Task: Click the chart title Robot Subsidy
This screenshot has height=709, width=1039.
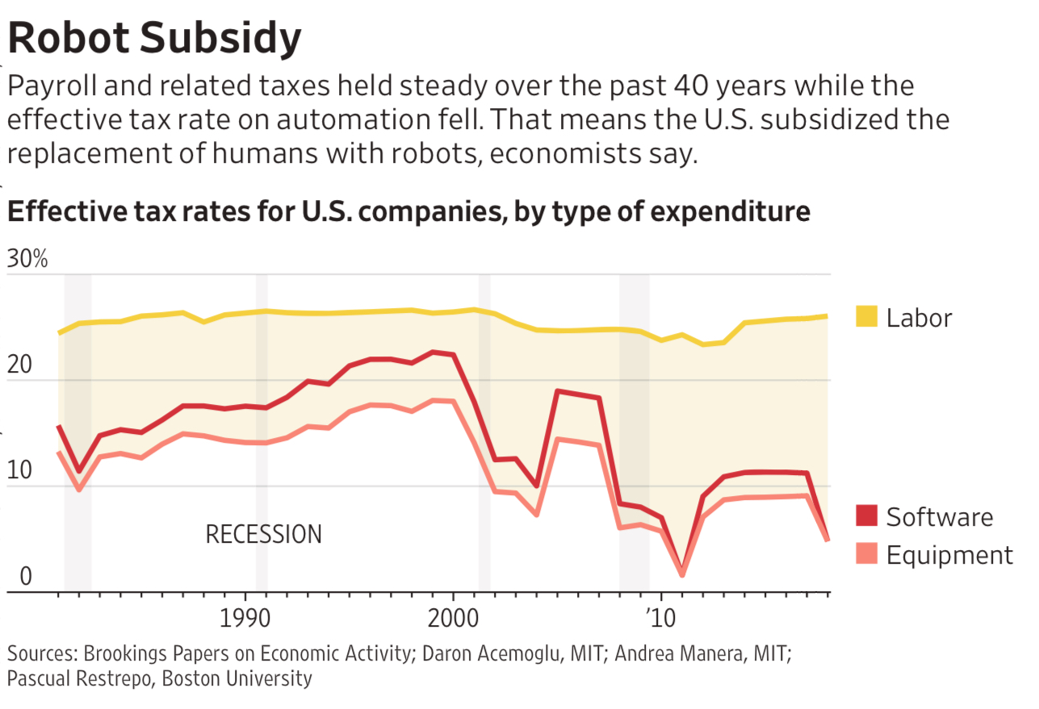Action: [x=154, y=38]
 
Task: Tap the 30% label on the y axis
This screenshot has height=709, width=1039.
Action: [x=28, y=260]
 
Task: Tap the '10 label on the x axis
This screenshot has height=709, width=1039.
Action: [x=660, y=620]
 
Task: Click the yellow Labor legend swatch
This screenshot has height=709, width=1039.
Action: [x=865, y=317]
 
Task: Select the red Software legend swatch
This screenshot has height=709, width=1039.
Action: [x=865, y=516]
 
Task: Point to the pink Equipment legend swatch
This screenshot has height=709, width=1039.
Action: [x=865, y=555]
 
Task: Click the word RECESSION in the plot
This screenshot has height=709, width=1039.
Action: [x=264, y=534]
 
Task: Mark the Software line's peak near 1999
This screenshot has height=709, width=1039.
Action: [x=434, y=352]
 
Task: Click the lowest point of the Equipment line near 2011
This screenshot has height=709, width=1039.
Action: [x=682, y=574]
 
